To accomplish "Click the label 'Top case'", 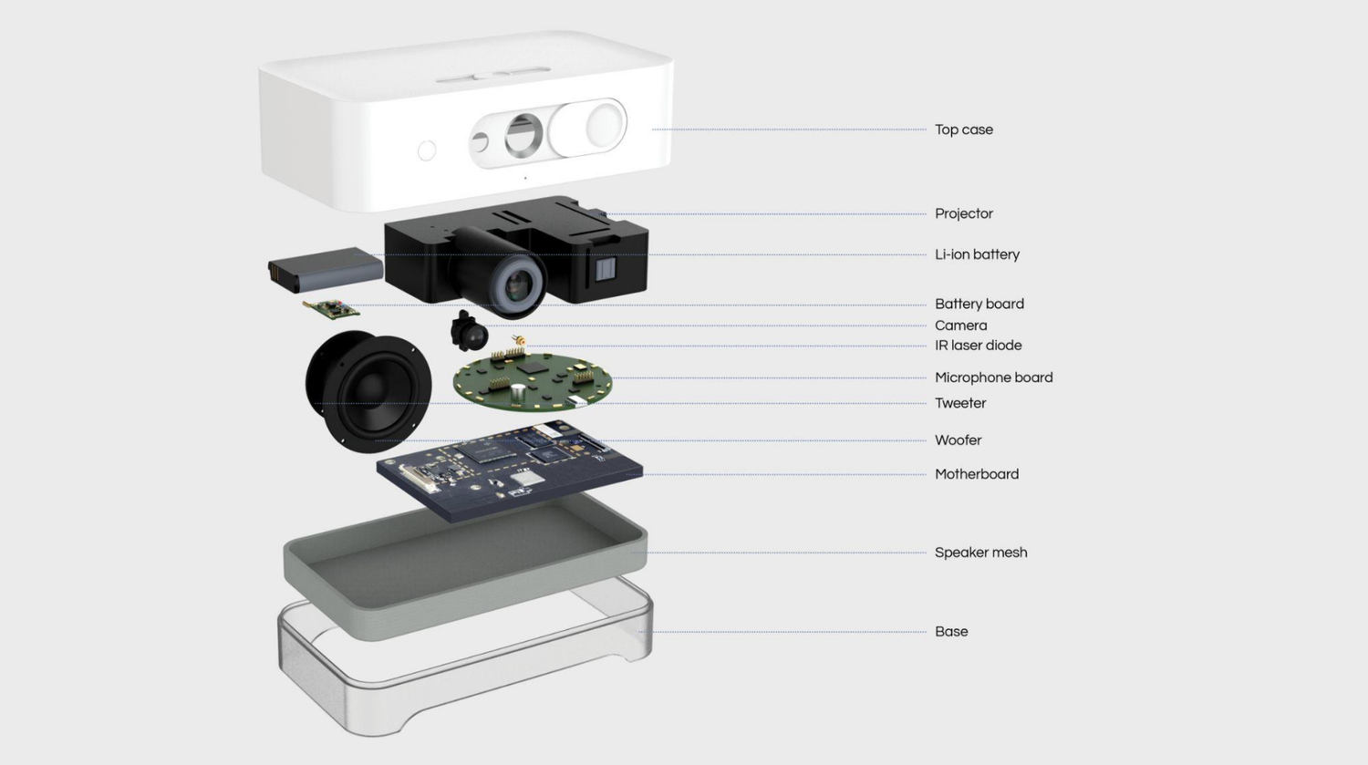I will click(x=963, y=129).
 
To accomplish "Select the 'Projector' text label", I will click(x=963, y=213).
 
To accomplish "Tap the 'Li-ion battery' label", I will click(x=976, y=254).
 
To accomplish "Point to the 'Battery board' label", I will click(x=979, y=304).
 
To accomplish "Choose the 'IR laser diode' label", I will click(x=978, y=346).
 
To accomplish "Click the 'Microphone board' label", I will click(x=993, y=377).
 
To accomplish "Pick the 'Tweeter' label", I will click(x=959, y=403).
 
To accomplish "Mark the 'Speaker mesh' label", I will click(x=980, y=553).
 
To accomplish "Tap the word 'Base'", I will click(x=951, y=631).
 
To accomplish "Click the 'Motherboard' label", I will click(x=976, y=474).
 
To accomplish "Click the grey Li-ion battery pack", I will click(x=326, y=269).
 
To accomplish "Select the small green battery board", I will click(x=330, y=309).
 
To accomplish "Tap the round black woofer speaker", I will click(x=368, y=390).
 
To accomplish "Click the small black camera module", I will click(x=469, y=331).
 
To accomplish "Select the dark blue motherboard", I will click(x=509, y=470).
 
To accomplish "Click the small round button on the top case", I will click(x=427, y=150).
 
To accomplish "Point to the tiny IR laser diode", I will click(x=519, y=341).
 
